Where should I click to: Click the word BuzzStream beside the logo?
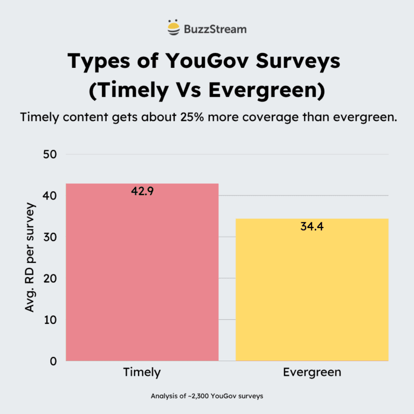(215, 29)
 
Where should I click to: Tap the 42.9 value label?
(142, 191)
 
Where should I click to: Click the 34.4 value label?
(312, 226)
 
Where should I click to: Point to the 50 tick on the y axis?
(50, 154)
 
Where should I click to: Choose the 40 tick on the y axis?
(50, 196)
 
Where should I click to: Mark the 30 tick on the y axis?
(50, 237)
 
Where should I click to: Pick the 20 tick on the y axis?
(50, 279)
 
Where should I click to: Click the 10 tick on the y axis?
(50, 320)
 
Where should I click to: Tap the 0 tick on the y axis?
(53, 361)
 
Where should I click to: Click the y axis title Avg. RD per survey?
(30, 257)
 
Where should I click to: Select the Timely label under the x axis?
(142, 372)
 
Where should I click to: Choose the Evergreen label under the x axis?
(312, 372)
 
